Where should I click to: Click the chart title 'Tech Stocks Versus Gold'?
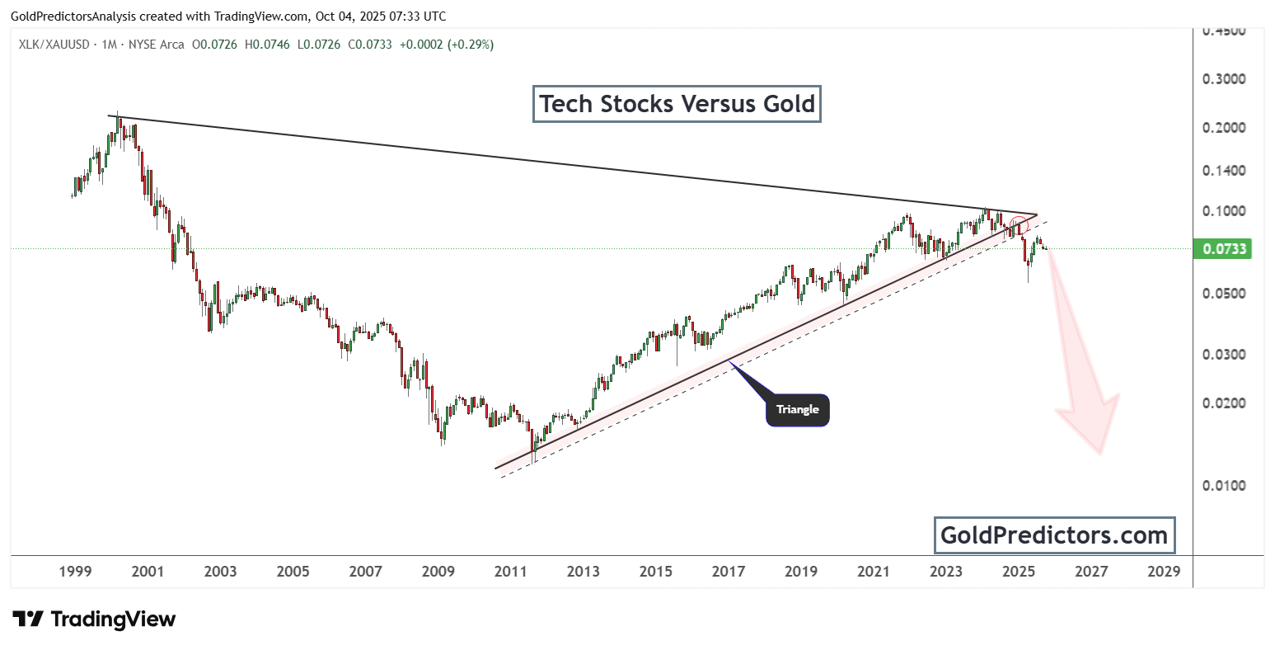677,104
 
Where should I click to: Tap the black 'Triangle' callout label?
797,410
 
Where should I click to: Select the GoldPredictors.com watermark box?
1054,535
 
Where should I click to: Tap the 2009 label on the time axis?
438,571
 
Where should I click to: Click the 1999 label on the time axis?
75,571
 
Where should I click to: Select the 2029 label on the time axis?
1164,571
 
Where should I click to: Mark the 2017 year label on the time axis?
729,571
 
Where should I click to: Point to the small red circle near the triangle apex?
1020,225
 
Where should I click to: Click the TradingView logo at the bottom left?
94,619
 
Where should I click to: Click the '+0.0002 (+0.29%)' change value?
446,45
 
